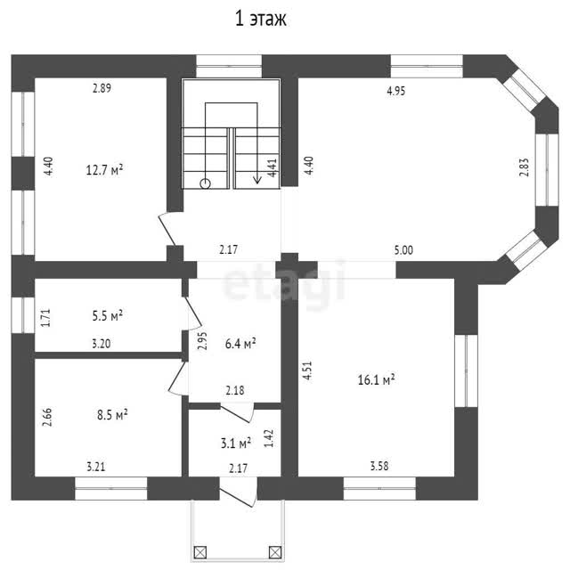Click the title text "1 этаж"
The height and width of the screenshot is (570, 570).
261,19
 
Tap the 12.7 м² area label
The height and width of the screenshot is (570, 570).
104,170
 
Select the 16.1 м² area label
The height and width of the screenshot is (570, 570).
376,380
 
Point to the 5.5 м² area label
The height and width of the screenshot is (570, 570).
107,315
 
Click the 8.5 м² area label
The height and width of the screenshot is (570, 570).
112,415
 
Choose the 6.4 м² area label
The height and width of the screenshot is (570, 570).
240,344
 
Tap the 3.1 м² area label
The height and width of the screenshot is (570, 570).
236,444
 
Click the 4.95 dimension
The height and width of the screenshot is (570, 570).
395,91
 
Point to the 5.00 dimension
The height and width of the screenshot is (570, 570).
403,250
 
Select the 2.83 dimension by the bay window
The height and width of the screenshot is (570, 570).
524,167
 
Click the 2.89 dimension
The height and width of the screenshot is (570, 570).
102,88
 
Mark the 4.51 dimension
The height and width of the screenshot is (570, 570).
307,370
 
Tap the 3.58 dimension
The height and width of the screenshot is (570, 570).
379,466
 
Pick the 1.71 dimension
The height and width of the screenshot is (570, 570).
45,318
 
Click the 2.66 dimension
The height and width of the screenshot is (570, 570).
47,418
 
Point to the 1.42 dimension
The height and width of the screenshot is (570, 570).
269,439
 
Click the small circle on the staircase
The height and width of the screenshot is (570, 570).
206,184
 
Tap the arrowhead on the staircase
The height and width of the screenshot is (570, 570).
257,180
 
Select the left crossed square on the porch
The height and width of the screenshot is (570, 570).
200,552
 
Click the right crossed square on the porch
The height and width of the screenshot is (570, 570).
275,552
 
